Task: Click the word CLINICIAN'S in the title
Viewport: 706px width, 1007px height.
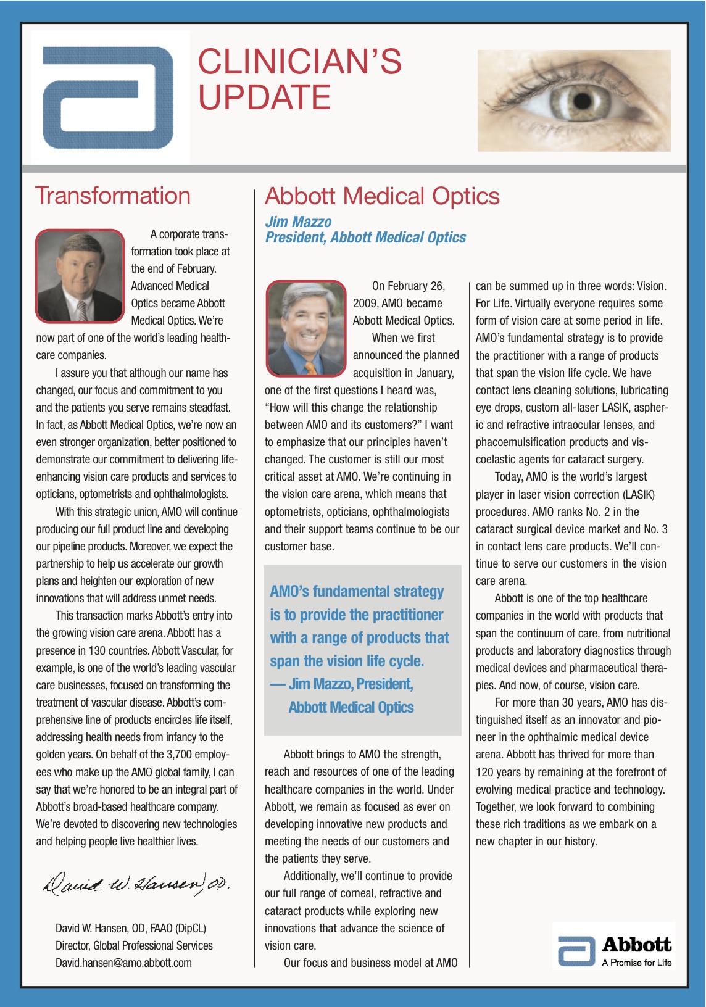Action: click(x=299, y=62)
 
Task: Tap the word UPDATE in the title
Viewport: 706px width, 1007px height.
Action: click(x=264, y=97)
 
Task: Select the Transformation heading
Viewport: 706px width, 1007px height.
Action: click(x=113, y=196)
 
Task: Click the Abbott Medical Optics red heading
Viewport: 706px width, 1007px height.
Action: click(x=382, y=196)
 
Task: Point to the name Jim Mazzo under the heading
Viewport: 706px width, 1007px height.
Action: click(x=298, y=222)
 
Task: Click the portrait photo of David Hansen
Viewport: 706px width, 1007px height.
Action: click(x=80, y=276)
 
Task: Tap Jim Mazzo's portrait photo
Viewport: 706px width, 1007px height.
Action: click(x=307, y=328)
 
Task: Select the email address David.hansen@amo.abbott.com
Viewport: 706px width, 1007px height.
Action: click(x=123, y=963)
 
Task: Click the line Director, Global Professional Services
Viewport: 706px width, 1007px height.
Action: click(x=134, y=945)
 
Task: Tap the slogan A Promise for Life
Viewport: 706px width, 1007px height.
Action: click(x=636, y=963)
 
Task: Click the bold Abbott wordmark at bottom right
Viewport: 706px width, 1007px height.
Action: click(x=636, y=945)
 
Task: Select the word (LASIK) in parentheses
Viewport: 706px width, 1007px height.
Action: click(x=639, y=495)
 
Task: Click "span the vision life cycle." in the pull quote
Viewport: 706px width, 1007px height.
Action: click(x=347, y=661)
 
